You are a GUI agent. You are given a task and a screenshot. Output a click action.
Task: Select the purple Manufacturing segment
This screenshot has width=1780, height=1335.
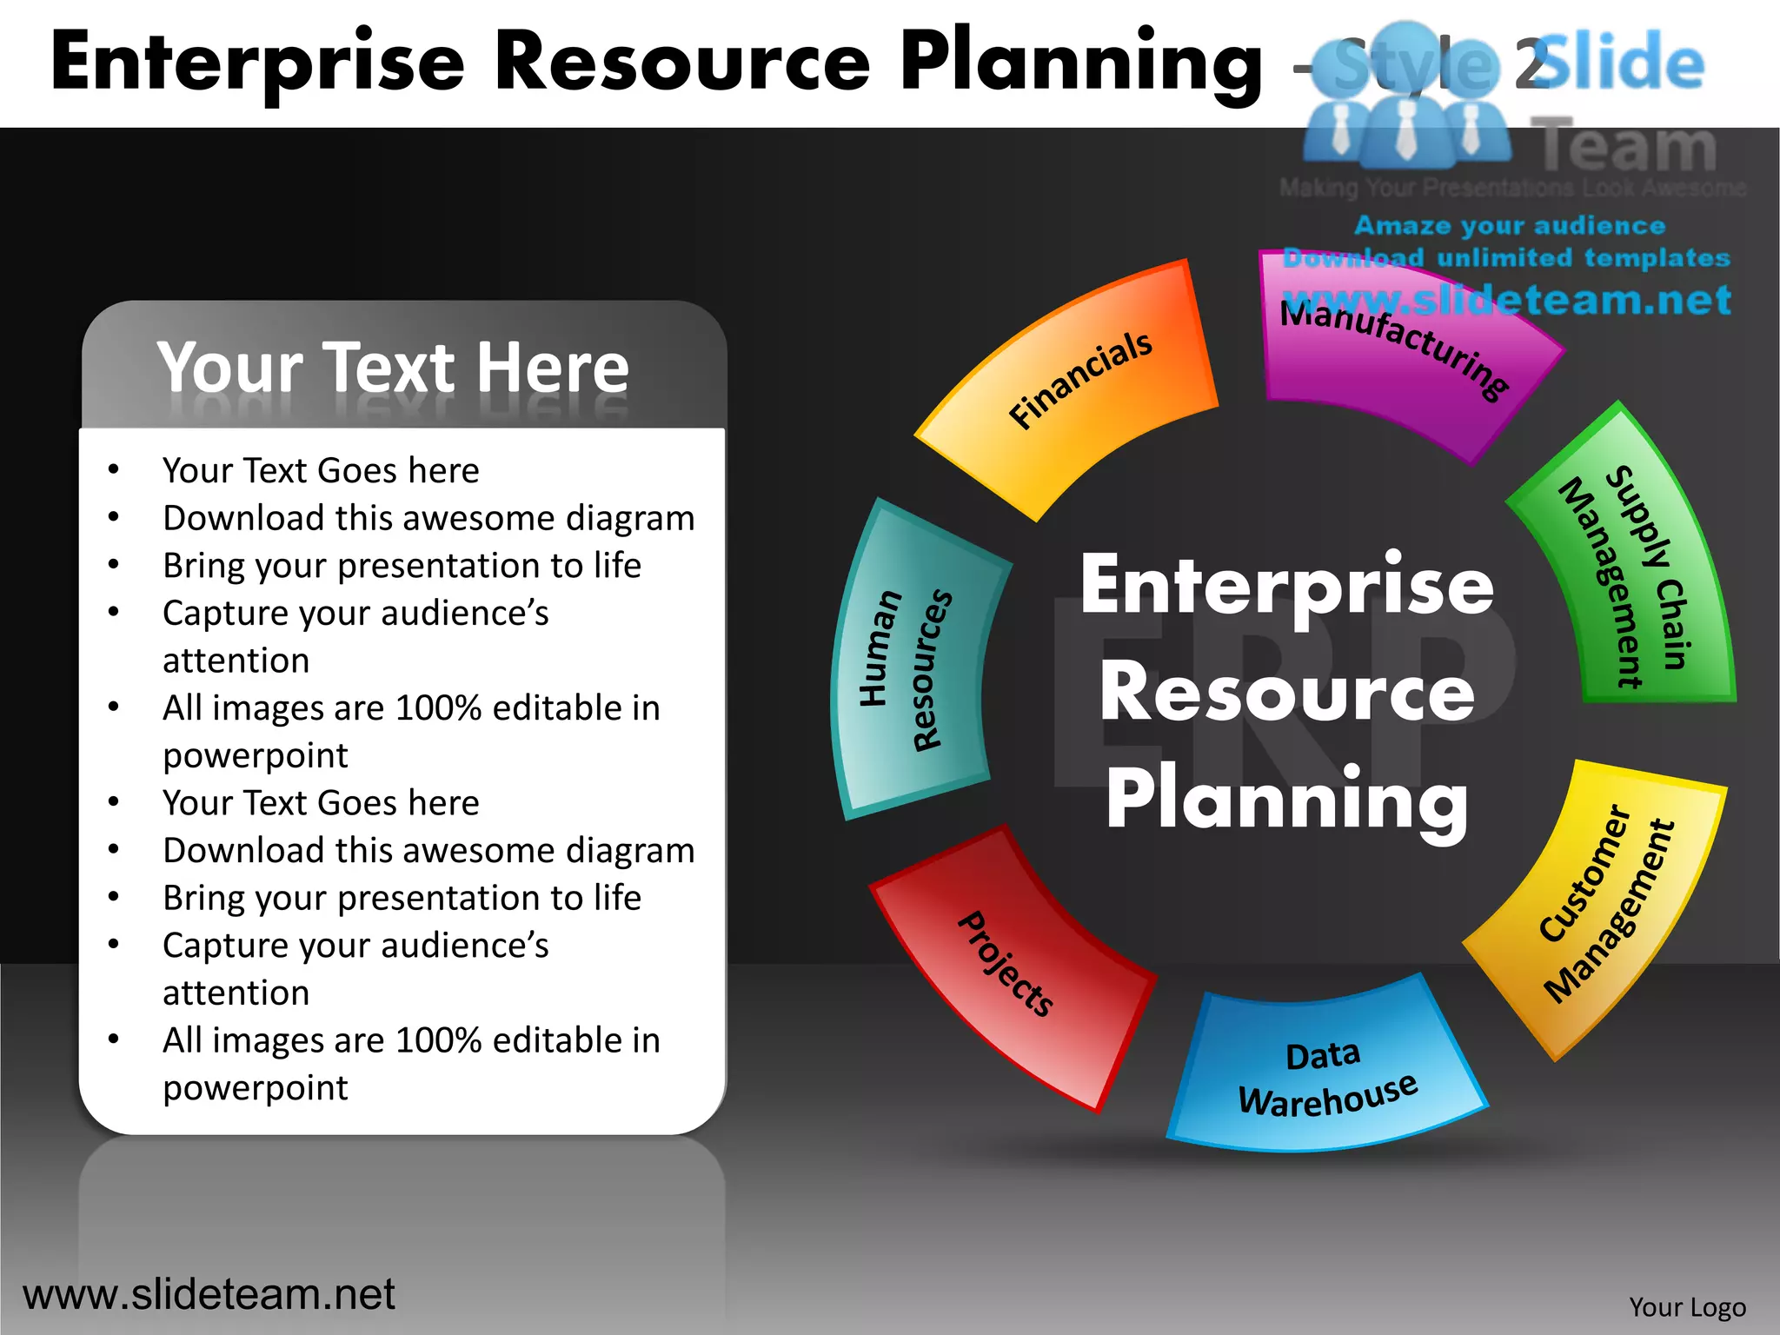[1399, 356]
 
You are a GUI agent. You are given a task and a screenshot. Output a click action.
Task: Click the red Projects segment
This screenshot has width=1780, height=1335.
[1008, 965]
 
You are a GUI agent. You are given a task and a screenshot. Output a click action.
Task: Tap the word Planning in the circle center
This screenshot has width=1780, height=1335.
[1286, 800]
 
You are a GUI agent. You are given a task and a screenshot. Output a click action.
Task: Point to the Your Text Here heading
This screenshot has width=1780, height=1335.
[393, 368]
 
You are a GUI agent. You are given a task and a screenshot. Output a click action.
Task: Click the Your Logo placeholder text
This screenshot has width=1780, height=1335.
[1687, 1307]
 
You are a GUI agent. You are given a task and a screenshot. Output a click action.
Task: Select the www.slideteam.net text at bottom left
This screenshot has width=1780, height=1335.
[209, 1294]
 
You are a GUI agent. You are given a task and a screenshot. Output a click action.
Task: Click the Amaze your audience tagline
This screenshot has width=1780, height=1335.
[1510, 226]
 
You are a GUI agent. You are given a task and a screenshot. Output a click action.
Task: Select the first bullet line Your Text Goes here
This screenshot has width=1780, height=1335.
[321, 470]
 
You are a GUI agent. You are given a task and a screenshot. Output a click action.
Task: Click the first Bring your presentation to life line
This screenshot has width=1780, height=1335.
[402, 566]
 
